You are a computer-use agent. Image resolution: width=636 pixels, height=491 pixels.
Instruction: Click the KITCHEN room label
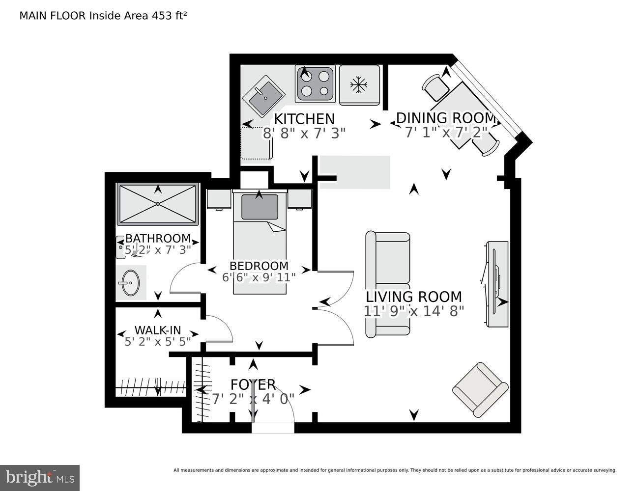tap(304, 119)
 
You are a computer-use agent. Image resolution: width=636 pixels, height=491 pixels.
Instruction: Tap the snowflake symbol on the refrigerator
tap(358, 85)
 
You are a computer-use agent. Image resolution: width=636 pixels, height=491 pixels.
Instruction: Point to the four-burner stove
tap(315, 83)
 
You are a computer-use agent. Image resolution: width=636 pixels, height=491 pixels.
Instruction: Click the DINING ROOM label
tap(446, 118)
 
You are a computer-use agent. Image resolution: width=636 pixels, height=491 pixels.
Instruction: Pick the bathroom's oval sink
tap(130, 283)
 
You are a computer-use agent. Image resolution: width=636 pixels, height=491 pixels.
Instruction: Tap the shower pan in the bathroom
tap(158, 204)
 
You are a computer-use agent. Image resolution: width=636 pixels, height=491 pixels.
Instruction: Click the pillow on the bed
tap(260, 207)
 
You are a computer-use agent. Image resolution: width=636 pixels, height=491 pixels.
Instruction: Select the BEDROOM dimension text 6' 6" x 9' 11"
tap(259, 277)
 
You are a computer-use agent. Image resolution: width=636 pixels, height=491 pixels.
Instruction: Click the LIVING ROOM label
tap(414, 297)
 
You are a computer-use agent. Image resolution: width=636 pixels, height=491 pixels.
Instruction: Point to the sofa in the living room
tap(388, 284)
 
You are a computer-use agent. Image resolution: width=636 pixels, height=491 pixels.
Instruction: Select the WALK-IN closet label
tap(158, 330)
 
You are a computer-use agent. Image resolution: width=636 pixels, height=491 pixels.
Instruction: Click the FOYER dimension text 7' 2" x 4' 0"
tap(253, 399)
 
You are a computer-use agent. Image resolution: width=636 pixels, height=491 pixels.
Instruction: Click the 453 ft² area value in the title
tap(169, 16)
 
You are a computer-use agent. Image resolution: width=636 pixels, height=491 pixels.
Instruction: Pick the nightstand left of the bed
tap(219, 199)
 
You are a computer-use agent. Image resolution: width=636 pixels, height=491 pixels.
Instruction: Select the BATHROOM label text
tap(158, 239)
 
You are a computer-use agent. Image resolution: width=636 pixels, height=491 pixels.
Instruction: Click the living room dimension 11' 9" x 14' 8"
tap(414, 311)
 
